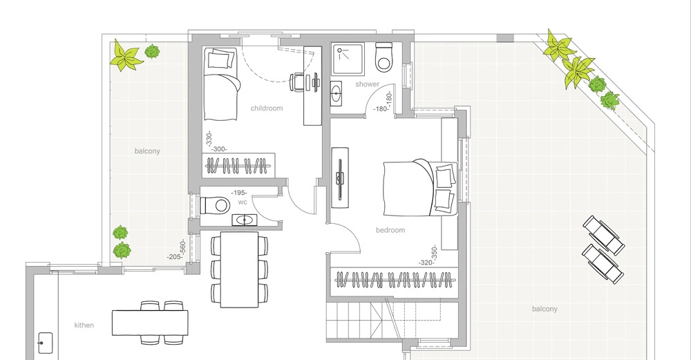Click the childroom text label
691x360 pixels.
(266, 108)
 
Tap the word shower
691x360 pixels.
(367, 84)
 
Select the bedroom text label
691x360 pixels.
(390, 230)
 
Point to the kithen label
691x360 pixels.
(84, 325)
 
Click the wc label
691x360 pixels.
(243, 202)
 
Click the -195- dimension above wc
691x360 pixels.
(240, 193)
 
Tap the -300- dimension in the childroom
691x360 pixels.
(220, 149)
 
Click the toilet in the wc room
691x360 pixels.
(214, 205)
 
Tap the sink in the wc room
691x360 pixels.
(244, 220)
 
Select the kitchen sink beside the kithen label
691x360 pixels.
(46, 341)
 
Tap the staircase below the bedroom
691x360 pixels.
(359, 321)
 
